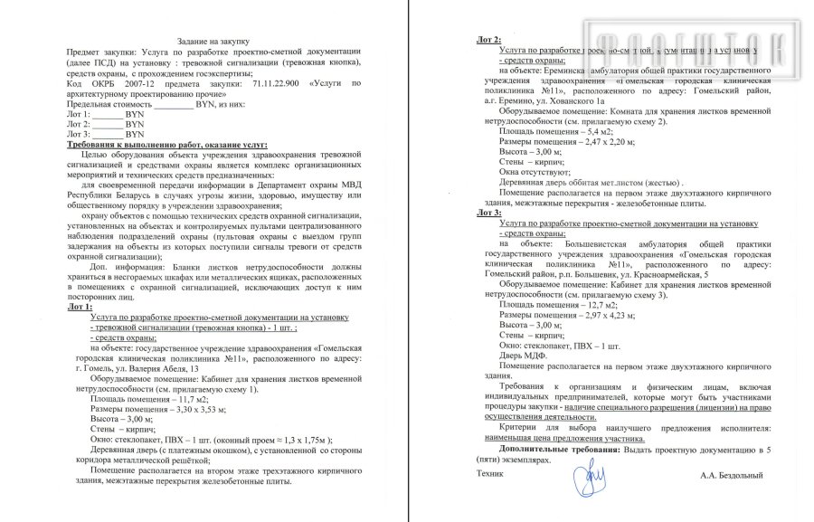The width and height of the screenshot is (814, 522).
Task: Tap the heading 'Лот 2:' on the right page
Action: tap(490, 39)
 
